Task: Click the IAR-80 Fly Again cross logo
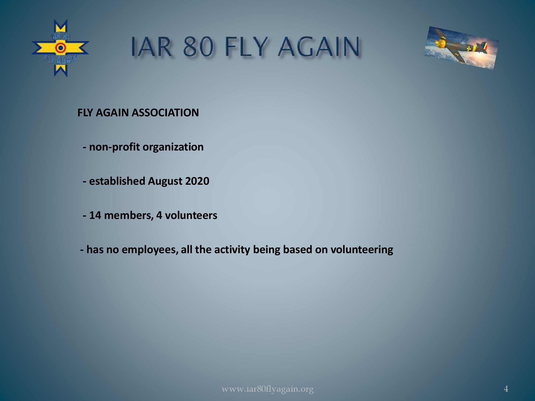point(60,48)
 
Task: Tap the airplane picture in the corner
point(461,48)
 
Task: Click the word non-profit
point(114,147)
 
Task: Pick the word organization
point(173,147)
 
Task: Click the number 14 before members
point(95,215)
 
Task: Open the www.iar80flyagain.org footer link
point(267,389)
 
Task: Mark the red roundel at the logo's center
point(60,48)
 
